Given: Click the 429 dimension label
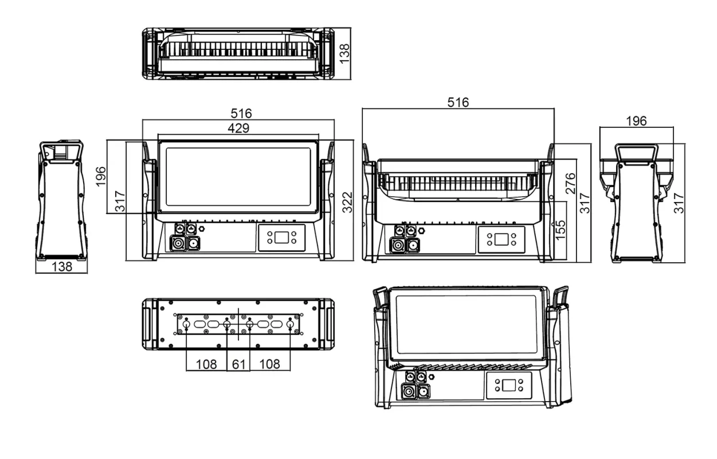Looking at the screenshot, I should click(x=238, y=129).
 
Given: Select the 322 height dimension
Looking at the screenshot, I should click(x=347, y=200).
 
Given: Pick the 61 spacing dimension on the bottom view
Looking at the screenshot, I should click(x=238, y=364).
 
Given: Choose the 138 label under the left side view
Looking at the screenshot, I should click(x=61, y=267).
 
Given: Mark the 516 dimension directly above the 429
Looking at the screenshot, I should click(x=238, y=114).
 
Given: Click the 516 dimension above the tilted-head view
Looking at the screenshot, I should click(x=458, y=102).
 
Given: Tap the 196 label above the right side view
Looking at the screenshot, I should click(x=636, y=121).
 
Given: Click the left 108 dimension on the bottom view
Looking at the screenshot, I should click(x=206, y=364).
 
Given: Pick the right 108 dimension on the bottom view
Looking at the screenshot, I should click(x=269, y=364).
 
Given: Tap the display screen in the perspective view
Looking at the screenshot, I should click(x=508, y=386).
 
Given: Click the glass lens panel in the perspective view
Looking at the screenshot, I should click(x=467, y=324).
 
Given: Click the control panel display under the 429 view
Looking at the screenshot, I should click(x=281, y=237).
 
